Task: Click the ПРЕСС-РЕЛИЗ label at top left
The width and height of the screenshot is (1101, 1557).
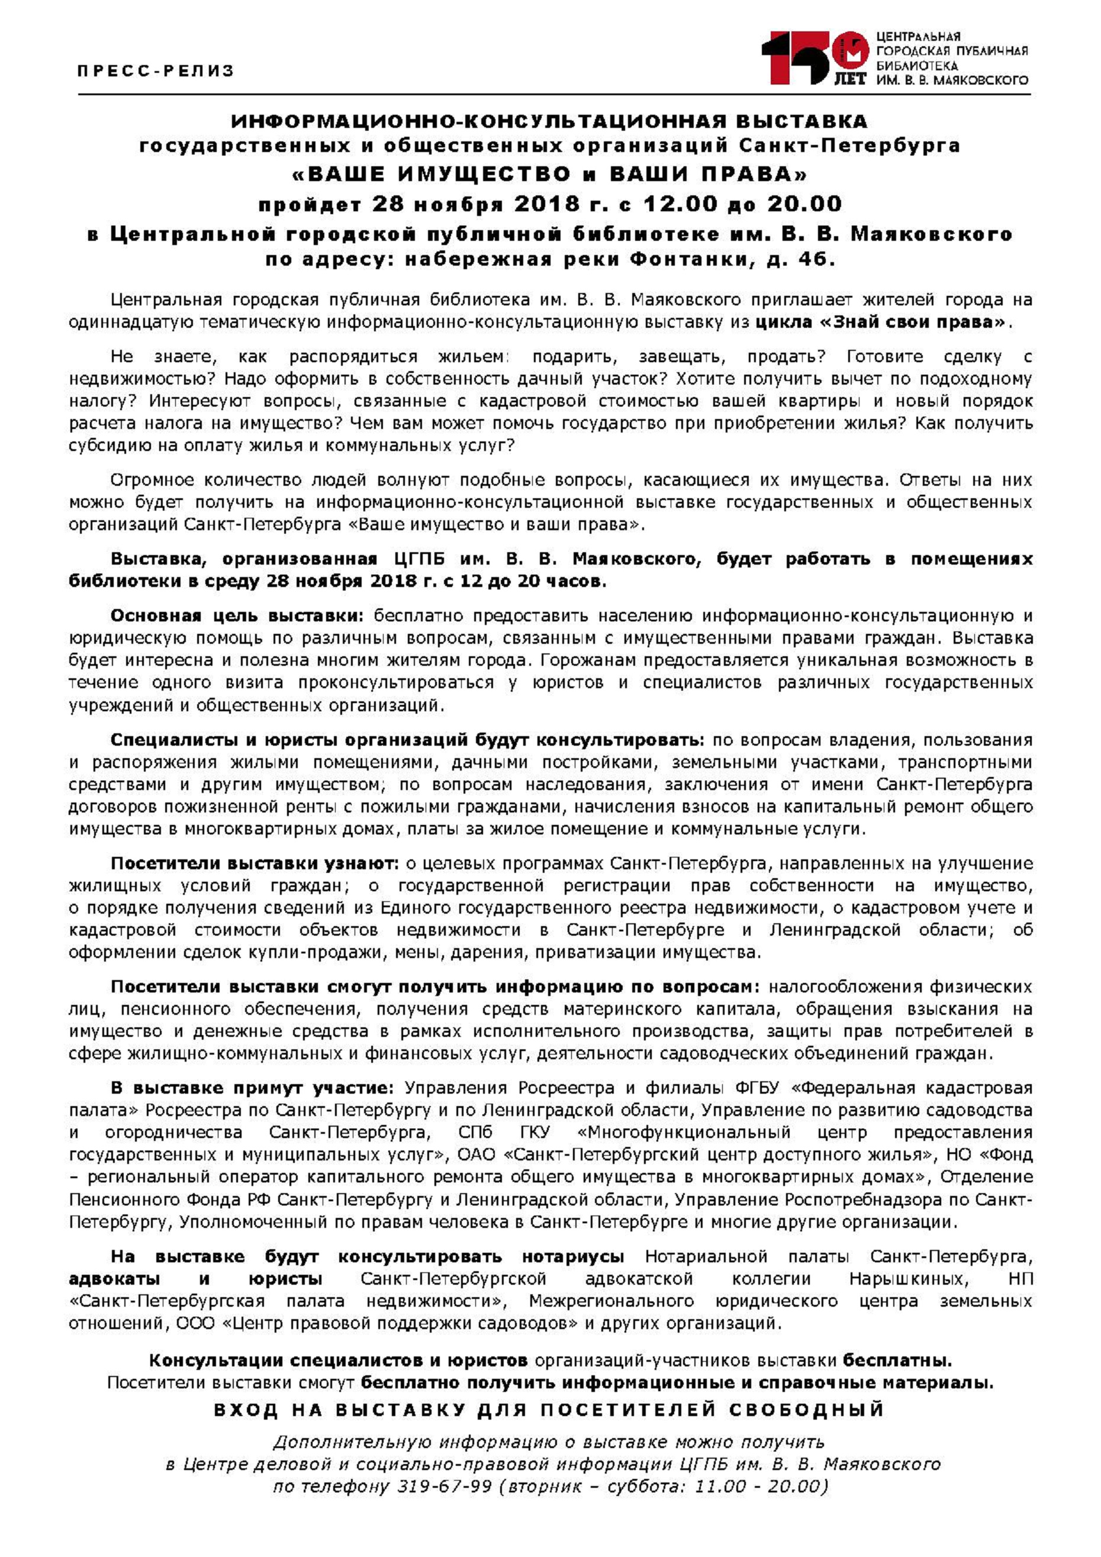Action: pyautogui.click(x=155, y=70)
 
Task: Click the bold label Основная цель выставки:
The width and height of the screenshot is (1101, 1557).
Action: pyautogui.click(x=237, y=615)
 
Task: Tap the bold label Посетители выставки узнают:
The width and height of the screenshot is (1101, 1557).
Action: pyautogui.click(x=255, y=863)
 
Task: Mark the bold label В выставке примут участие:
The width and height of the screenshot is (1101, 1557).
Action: pyautogui.click(x=252, y=1088)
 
